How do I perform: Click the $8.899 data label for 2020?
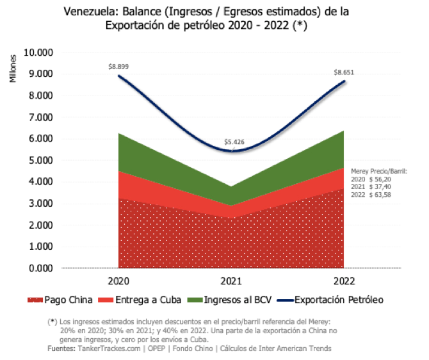point(118,66)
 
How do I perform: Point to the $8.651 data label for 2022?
point(344,72)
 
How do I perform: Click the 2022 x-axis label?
point(344,281)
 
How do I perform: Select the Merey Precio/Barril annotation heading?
point(379,171)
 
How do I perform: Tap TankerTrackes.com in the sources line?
point(108,348)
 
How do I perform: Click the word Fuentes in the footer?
point(61,348)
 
